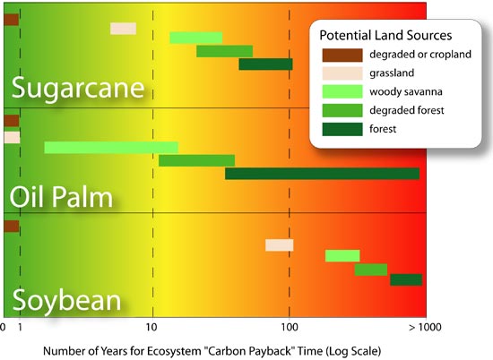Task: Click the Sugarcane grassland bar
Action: [123, 29]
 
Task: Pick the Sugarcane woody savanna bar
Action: [195, 38]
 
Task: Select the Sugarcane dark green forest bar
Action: [265, 64]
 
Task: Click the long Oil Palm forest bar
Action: [322, 174]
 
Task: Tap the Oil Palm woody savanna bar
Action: [111, 147]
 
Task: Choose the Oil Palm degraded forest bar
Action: [196, 160]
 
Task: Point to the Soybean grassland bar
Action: [279, 245]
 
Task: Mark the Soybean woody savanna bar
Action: [342, 256]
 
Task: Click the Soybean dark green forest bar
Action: [406, 279]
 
